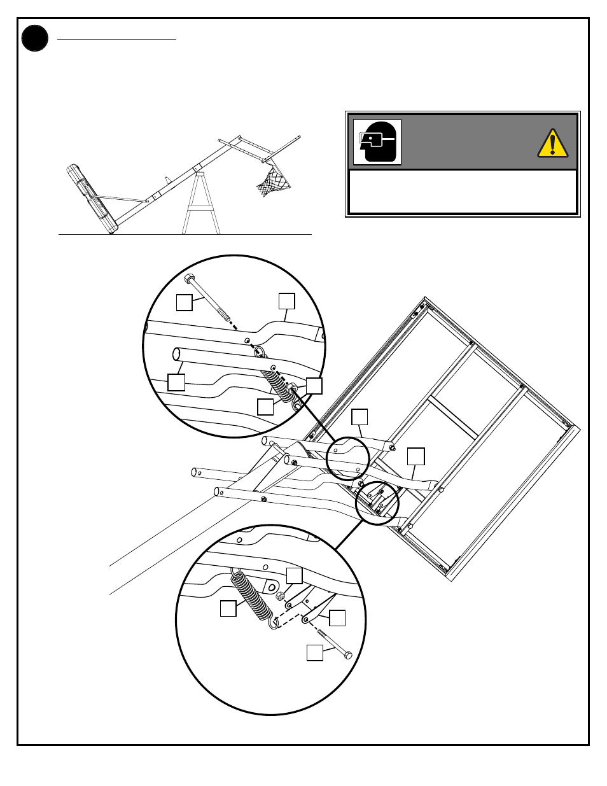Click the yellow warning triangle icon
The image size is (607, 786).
(552, 143)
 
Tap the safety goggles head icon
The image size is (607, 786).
(377, 142)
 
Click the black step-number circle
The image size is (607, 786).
(35, 38)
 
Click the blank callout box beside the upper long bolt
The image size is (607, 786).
(184, 302)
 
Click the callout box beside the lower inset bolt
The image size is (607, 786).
(315, 652)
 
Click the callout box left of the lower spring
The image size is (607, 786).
(228, 608)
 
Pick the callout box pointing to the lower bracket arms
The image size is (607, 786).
(337, 618)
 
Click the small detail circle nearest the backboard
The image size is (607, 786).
(377, 503)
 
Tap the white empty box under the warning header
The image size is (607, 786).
(463, 192)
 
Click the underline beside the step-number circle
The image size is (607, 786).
(116, 39)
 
